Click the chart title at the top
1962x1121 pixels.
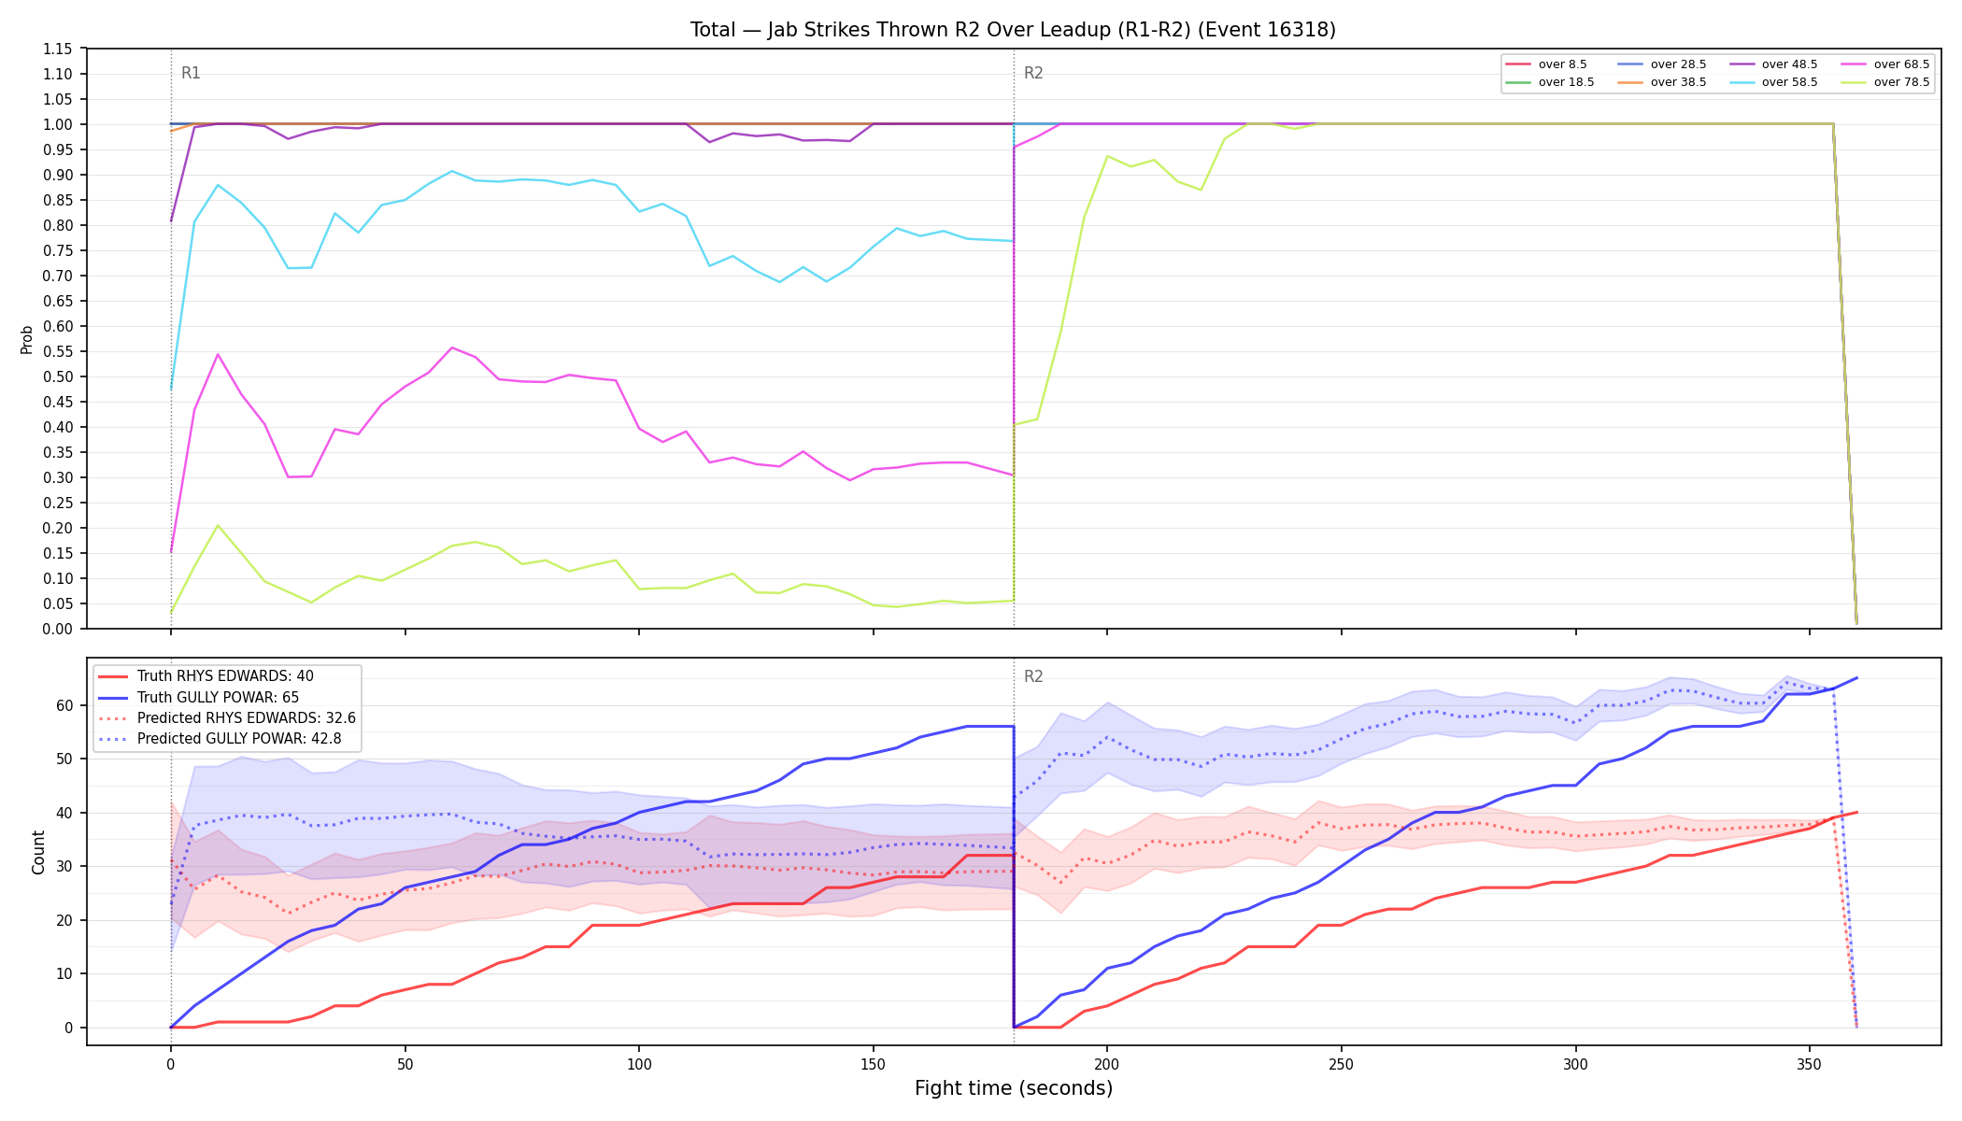pos(1013,30)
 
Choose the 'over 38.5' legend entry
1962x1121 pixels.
pos(1662,82)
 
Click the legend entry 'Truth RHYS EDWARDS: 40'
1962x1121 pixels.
pos(206,676)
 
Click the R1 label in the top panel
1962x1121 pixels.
pos(191,73)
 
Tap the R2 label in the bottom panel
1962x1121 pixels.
pos(1033,676)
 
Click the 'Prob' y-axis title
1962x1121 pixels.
pos(27,339)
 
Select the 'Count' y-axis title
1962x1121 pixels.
pos(38,852)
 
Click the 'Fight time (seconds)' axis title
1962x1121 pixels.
pos(1014,1088)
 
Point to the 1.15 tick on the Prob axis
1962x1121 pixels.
pos(58,49)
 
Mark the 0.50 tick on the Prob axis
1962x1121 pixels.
pos(58,376)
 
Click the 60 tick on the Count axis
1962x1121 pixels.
pos(65,705)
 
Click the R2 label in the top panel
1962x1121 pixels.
pos(1033,73)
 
